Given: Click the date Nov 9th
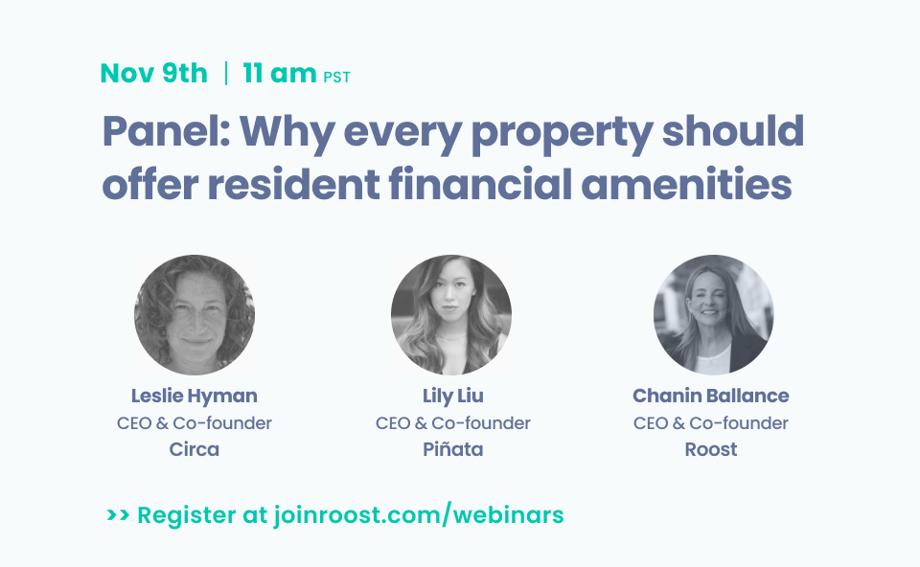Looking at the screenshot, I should [153, 74].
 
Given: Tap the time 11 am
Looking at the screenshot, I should [279, 74].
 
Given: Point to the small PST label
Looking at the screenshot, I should [336, 78].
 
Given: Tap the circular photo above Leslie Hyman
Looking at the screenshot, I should [195, 315].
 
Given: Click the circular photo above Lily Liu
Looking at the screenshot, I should [451, 315].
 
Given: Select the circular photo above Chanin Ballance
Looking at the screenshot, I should [713, 315].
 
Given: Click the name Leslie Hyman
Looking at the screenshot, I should [195, 396].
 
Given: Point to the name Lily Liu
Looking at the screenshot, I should [452, 396].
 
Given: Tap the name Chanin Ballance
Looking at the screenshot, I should [711, 396].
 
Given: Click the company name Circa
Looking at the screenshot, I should [195, 449].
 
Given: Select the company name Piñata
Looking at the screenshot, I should [452, 449].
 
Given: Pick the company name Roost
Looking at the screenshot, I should [711, 449].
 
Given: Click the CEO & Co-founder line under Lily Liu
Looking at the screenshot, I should [452, 422].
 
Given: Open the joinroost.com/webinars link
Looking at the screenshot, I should [418, 515].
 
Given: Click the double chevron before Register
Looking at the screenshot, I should [118, 515].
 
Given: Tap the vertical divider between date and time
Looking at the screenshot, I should [226, 74].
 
